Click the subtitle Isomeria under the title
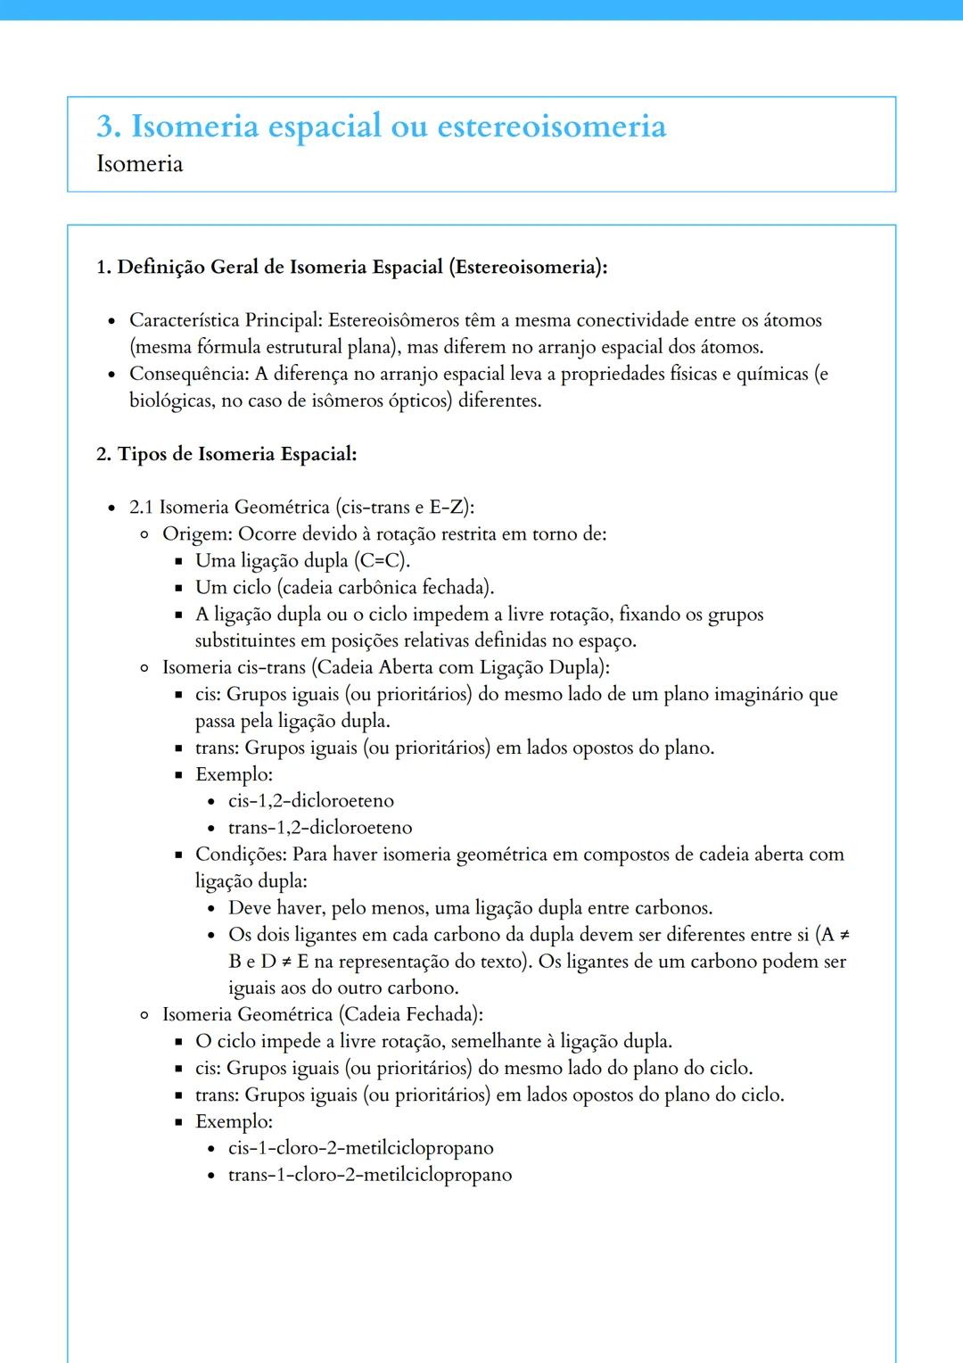click(x=139, y=164)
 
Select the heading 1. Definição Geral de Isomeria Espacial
click(x=351, y=267)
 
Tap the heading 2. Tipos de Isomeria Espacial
click(x=226, y=454)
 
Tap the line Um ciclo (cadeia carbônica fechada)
click(x=344, y=588)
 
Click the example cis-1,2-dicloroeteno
click(x=310, y=801)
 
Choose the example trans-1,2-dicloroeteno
click(x=319, y=828)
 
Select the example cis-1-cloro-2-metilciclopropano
click(x=360, y=1148)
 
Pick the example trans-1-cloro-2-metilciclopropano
click(x=369, y=1175)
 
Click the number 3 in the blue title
click(x=107, y=127)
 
